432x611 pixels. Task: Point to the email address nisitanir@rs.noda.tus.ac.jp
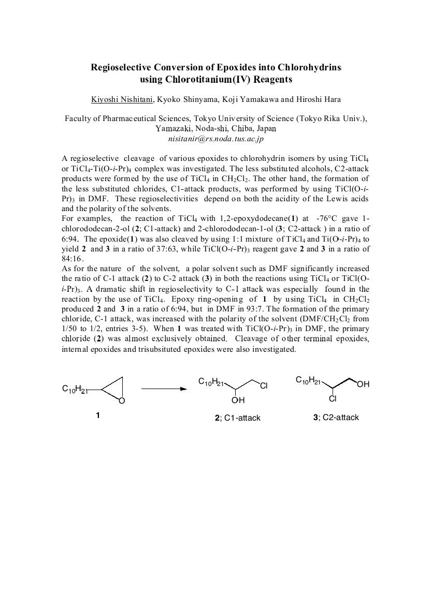pos(215,139)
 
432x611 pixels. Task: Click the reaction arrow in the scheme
pos(164,389)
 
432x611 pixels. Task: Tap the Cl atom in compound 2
pos(264,385)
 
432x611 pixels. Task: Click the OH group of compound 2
pos(238,400)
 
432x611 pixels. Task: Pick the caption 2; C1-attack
pos(238,418)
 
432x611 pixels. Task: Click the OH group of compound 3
pos(363,384)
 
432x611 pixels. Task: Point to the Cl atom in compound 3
pos(333,399)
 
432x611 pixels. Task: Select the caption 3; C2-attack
pos(336,418)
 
